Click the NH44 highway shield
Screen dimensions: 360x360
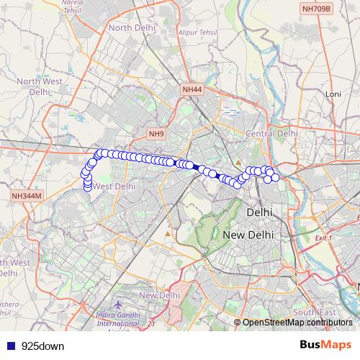pos(192,89)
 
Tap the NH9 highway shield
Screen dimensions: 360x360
pos(156,134)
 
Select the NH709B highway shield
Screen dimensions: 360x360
pos(317,9)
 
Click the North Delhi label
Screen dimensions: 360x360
pos(132,28)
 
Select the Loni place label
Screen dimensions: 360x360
pos(333,94)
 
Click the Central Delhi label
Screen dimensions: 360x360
pos(271,134)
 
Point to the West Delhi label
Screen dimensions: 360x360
pos(114,186)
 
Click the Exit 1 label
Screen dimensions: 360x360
pos(325,238)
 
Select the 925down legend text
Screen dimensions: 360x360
pos(42,346)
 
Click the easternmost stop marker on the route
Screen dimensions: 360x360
pos(275,177)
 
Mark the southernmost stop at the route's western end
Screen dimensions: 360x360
pos(88,189)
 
